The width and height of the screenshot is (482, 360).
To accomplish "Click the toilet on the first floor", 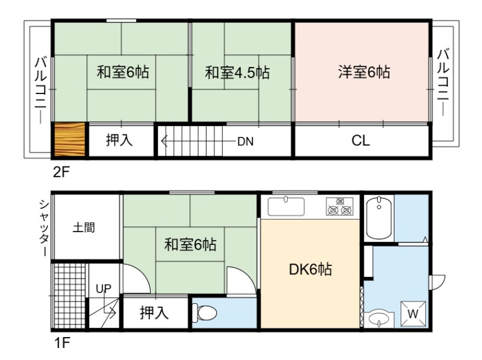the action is click(204, 313).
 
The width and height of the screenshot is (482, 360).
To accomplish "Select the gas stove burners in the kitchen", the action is click(340, 206).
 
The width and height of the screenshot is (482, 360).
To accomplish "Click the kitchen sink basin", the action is click(286, 206).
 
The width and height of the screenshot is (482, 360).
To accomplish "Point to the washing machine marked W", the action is click(413, 314).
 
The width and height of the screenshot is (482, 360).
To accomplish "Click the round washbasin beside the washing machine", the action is click(379, 319).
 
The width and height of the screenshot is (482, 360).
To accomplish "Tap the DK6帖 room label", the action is click(310, 269).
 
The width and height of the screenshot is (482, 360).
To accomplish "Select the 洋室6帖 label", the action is click(364, 72).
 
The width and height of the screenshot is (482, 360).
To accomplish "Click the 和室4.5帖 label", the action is click(237, 72).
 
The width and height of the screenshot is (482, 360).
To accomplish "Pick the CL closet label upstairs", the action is click(360, 141).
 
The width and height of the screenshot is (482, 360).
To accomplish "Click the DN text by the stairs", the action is click(245, 142).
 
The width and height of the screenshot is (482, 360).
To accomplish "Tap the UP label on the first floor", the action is click(104, 289).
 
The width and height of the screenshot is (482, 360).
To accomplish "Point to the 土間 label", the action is click(84, 228).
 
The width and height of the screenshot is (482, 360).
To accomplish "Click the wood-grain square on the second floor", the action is click(70, 139).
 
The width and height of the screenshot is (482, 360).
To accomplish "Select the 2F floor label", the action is click(61, 172).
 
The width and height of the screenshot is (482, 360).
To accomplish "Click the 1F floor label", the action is click(63, 343).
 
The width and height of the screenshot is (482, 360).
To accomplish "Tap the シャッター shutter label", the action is click(43, 228).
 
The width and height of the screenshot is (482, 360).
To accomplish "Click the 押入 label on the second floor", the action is click(119, 140).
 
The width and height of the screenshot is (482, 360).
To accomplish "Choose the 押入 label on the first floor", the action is click(154, 312).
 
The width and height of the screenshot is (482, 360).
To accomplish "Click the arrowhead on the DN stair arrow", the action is click(163, 142).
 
